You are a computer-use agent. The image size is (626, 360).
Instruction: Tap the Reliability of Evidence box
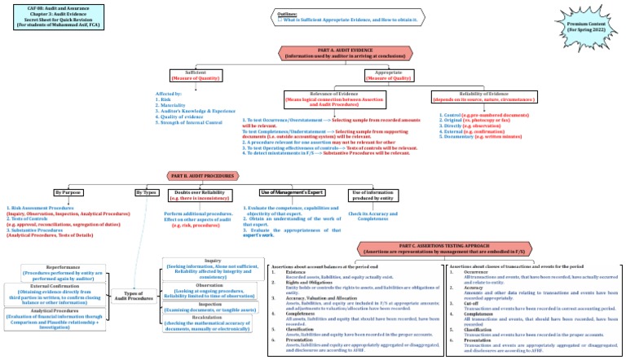point(488,100)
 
